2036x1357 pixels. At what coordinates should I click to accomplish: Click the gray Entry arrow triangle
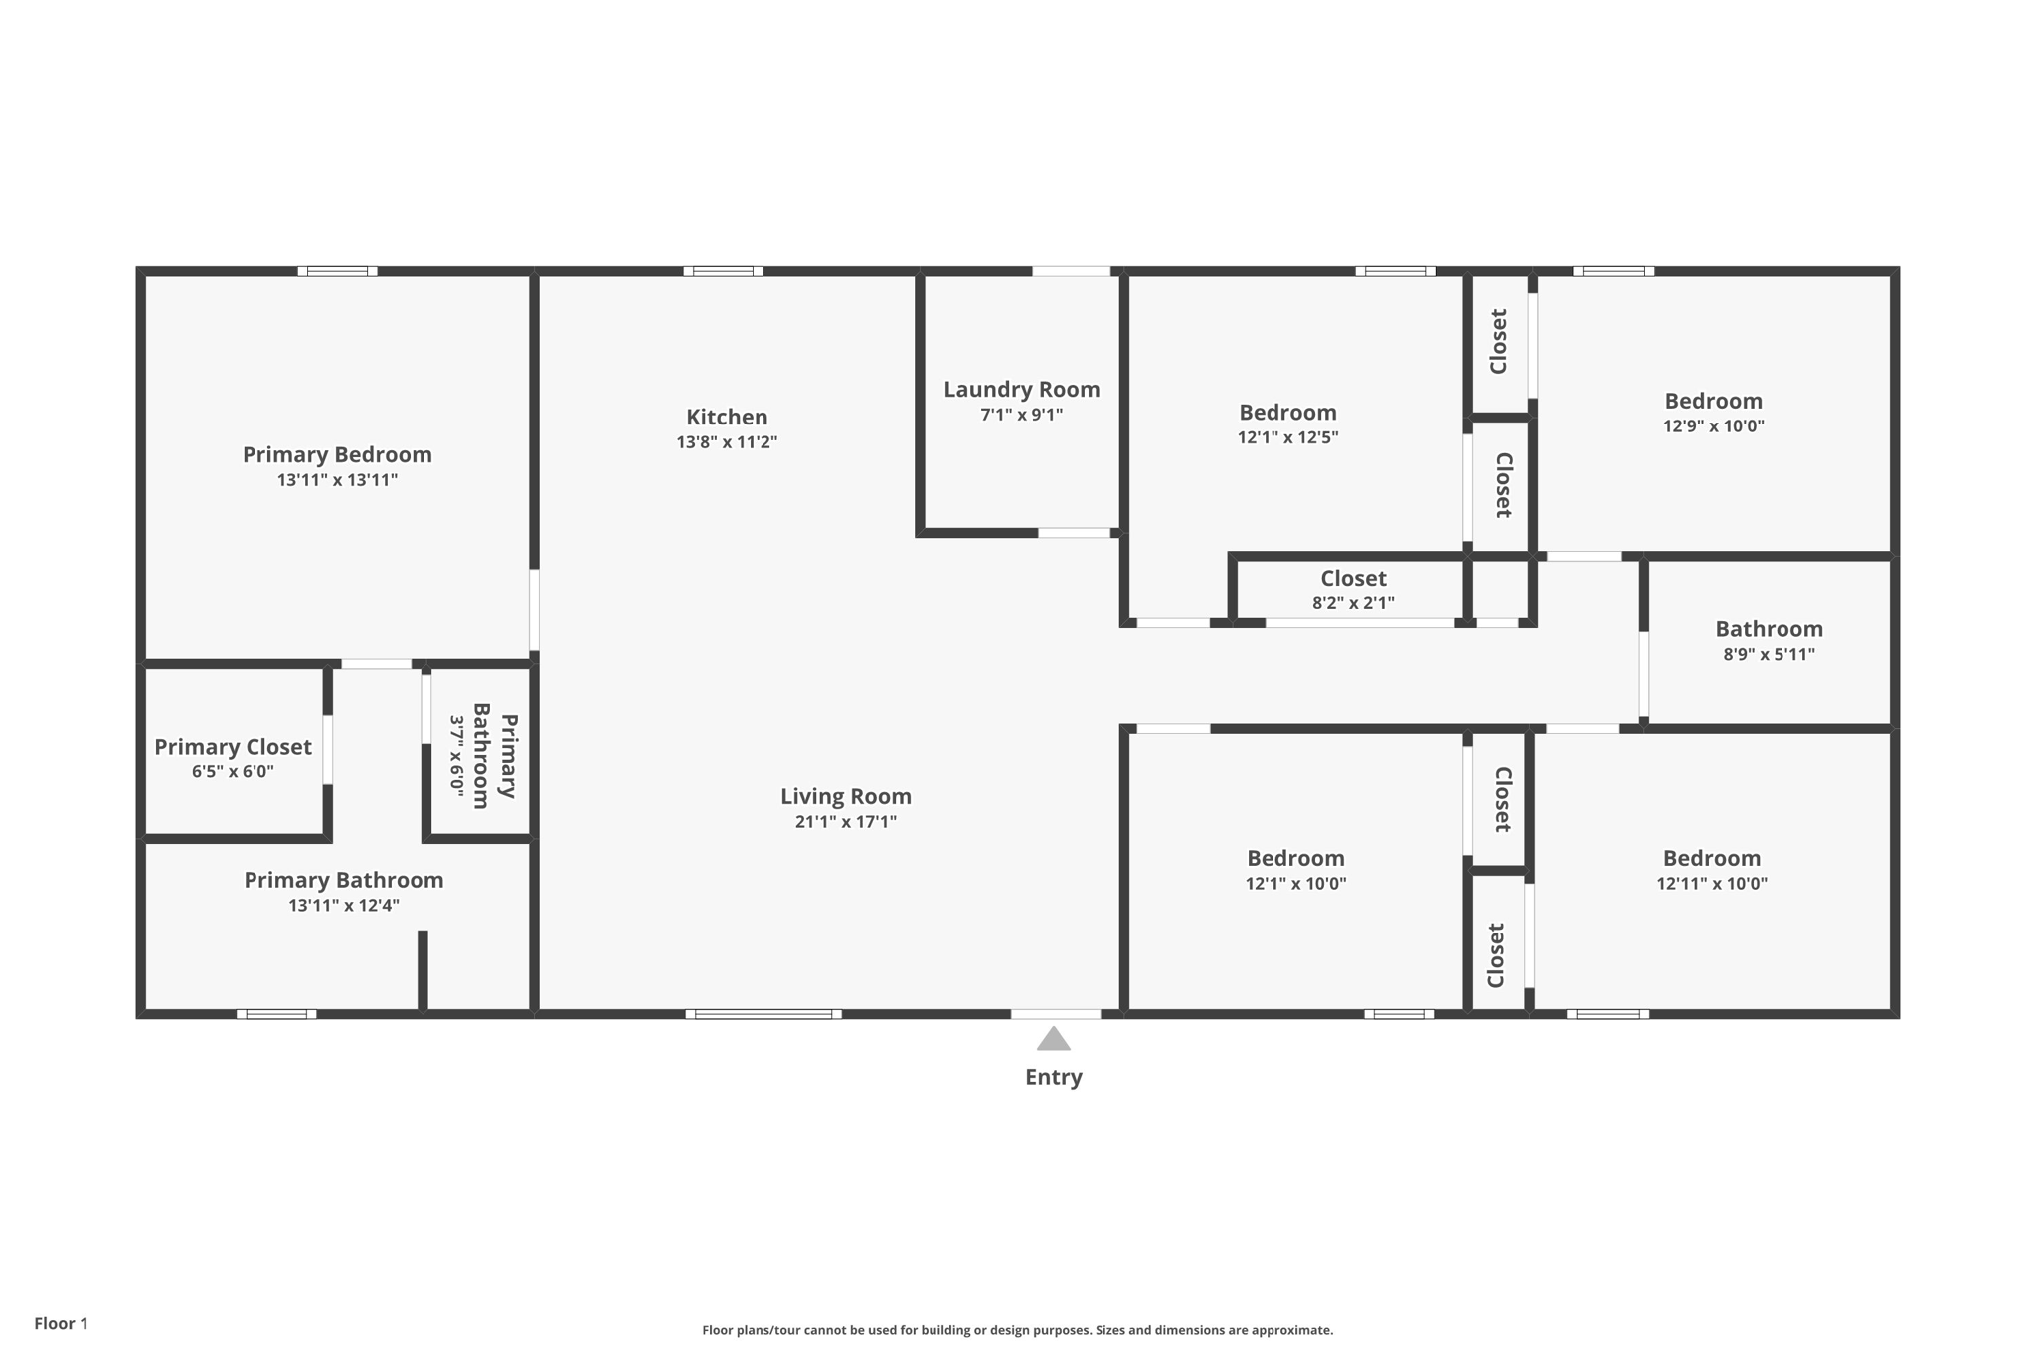(x=1054, y=1039)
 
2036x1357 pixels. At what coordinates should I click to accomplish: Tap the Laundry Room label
(x=1022, y=389)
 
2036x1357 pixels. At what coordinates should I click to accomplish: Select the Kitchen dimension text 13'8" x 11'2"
(x=727, y=442)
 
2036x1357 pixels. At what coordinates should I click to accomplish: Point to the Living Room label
(x=846, y=796)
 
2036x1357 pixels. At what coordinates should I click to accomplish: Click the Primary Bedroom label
(x=337, y=454)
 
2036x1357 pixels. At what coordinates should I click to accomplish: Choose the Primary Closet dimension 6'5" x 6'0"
(x=233, y=771)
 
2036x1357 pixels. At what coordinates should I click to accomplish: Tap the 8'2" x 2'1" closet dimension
(x=1353, y=602)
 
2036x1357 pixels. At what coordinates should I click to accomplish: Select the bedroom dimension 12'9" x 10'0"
(x=1714, y=426)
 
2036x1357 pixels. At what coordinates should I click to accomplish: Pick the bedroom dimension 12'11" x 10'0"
(x=1712, y=883)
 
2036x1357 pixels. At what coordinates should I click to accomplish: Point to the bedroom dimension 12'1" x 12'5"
(x=1287, y=437)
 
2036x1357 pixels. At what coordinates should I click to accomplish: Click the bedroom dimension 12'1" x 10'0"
(x=1295, y=883)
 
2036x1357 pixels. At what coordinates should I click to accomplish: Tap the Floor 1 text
(x=61, y=1323)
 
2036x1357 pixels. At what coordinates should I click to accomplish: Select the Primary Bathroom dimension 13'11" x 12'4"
(x=344, y=905)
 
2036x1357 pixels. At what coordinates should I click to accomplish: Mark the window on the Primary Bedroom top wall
(x=337, y=271)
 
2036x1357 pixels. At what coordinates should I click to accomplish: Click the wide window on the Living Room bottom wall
(x=763, y=1014)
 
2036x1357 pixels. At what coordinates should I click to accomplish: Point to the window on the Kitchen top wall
(x=723, y=271)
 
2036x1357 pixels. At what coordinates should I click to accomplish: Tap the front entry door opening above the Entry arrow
(x=1056, y=1014)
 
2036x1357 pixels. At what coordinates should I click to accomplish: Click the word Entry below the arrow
(x=1054, y=1077)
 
